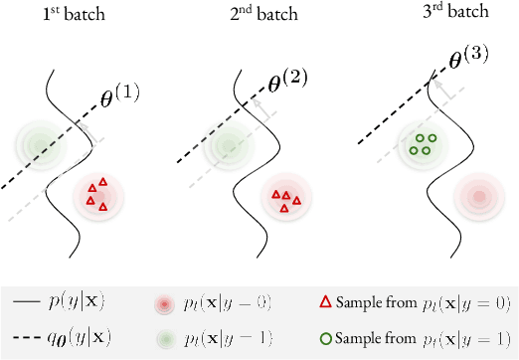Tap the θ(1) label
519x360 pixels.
pyautogui.click(x=119, y=95)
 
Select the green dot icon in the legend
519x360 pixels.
pyautogui.click(x=164, y=335)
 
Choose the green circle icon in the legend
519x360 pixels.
pyautogui.click(x=324, y=335)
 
